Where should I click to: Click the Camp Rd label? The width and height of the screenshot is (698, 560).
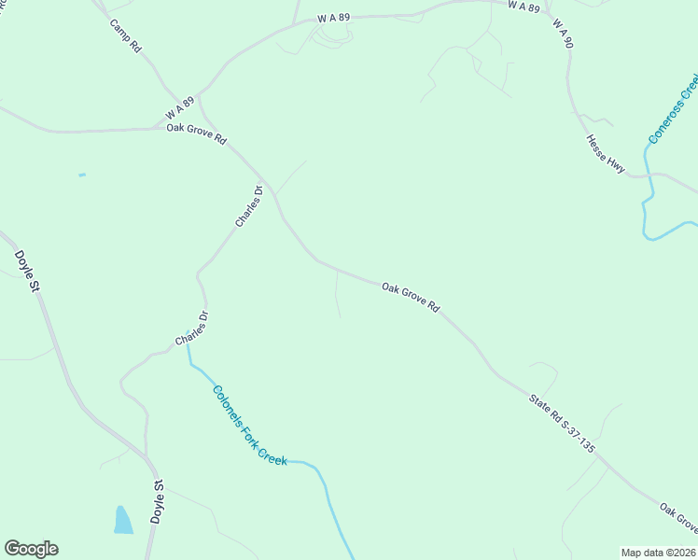coord(124,35)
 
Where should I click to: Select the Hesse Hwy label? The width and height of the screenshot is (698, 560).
coord(605,152)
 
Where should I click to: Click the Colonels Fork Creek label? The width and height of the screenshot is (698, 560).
coord(249,426)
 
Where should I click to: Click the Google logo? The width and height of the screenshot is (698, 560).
coord(31,549)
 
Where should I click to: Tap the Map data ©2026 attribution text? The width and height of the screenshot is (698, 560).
coord(657,552)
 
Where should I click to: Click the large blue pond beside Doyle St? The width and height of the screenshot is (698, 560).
coord(123,520)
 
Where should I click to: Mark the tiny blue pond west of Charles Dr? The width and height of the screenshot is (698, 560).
coord(82,175)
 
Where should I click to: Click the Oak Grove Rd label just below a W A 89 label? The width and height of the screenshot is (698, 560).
coord(196,133)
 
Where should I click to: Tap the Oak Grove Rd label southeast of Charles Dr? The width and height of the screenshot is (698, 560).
coord(411,298)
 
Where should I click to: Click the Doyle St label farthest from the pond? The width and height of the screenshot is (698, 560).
coord(26,271)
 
